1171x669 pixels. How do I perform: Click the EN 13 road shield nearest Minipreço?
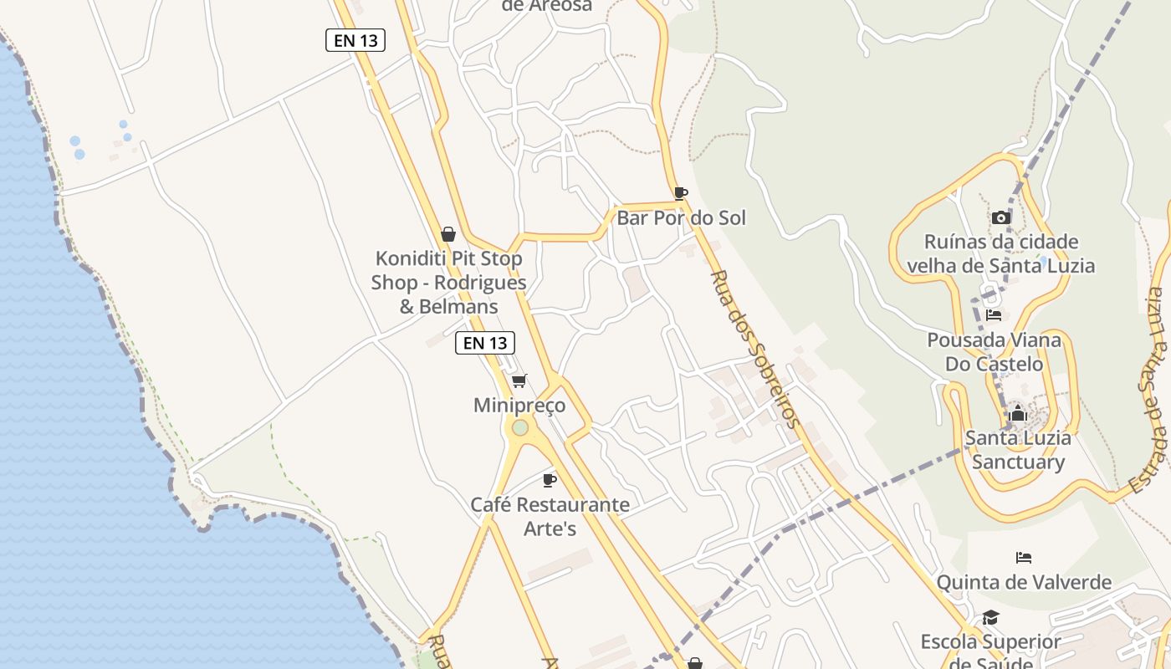485,343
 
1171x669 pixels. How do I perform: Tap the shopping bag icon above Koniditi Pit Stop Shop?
448,234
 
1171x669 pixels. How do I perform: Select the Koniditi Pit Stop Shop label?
449,283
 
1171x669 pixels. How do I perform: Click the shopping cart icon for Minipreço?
519,381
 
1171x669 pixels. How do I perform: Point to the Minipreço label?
519,406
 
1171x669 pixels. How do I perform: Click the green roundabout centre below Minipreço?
520,428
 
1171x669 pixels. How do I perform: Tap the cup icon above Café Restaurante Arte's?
550,480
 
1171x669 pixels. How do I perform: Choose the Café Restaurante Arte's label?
550,517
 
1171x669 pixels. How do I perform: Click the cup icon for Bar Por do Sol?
681,194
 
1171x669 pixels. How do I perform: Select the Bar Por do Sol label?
681,218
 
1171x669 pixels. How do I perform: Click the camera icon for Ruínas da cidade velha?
1000,218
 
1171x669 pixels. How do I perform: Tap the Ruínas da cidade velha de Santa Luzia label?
1000,254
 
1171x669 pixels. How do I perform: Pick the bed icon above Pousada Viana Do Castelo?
994,315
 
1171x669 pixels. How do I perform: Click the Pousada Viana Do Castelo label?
994,352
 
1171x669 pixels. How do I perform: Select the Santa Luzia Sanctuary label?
1018,450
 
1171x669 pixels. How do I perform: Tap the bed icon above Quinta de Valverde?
1024,558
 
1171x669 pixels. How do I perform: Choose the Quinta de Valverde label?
1024,582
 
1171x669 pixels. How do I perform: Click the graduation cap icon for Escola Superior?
990,618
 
